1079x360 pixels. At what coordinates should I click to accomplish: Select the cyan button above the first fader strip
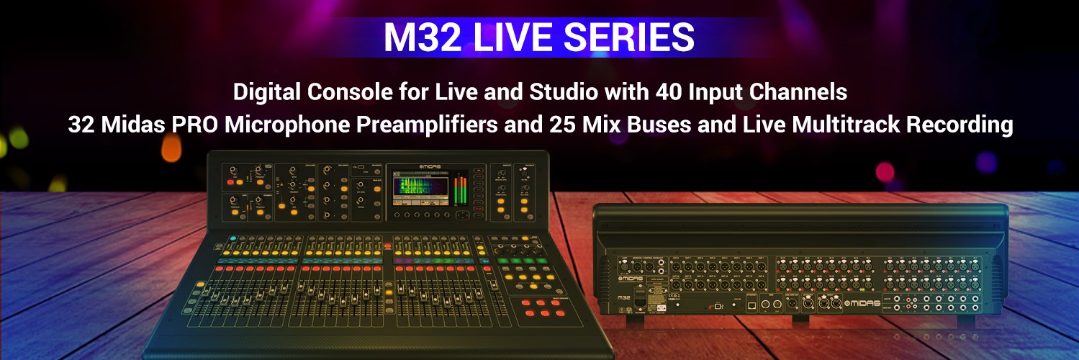(232, 238)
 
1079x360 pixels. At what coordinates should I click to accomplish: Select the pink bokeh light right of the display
(884, 172)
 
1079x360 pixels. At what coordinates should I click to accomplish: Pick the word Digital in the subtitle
(262, 93)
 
